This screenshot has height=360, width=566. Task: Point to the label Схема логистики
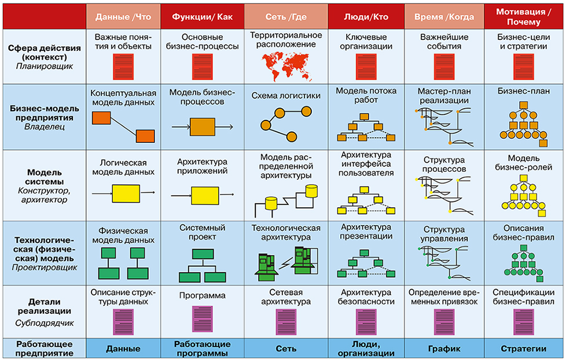tap(286, 96)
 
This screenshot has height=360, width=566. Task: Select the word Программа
tap(202, 296)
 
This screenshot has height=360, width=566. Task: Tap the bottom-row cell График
tap(444, 348)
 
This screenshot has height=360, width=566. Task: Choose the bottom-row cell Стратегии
tap(523, 348)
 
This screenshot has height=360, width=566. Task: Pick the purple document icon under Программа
tap(202, 319)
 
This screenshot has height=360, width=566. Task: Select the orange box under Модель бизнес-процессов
tap(202, 126)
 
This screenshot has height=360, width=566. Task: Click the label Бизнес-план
tap(523, 91)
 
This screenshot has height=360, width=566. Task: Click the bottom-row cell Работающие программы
tap(202, 348)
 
